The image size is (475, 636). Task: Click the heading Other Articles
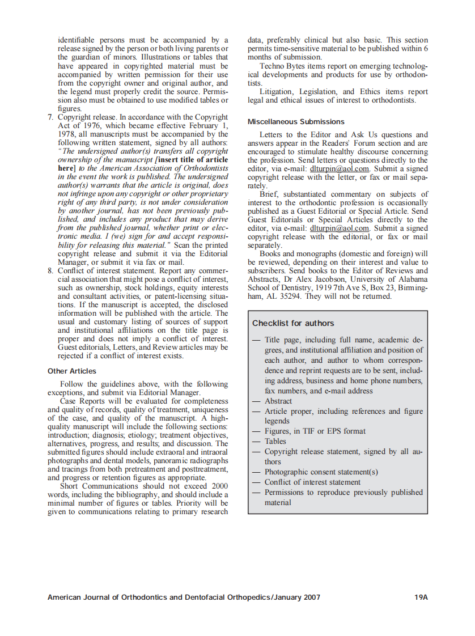tap(73, 371)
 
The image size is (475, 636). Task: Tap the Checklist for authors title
tap(293, 323)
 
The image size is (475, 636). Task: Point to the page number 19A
tap(421, 597)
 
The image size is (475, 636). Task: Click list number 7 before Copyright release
tap(50, 117)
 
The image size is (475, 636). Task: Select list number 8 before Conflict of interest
tap(50, 270)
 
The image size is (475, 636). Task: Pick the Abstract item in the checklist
tap(278, 401)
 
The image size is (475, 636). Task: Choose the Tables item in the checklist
tap(275, 441)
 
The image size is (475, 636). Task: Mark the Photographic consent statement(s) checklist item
tap(321, 472)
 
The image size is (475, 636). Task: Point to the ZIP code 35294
tap(292, 296)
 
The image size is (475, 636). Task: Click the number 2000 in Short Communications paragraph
tap(219, 486)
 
